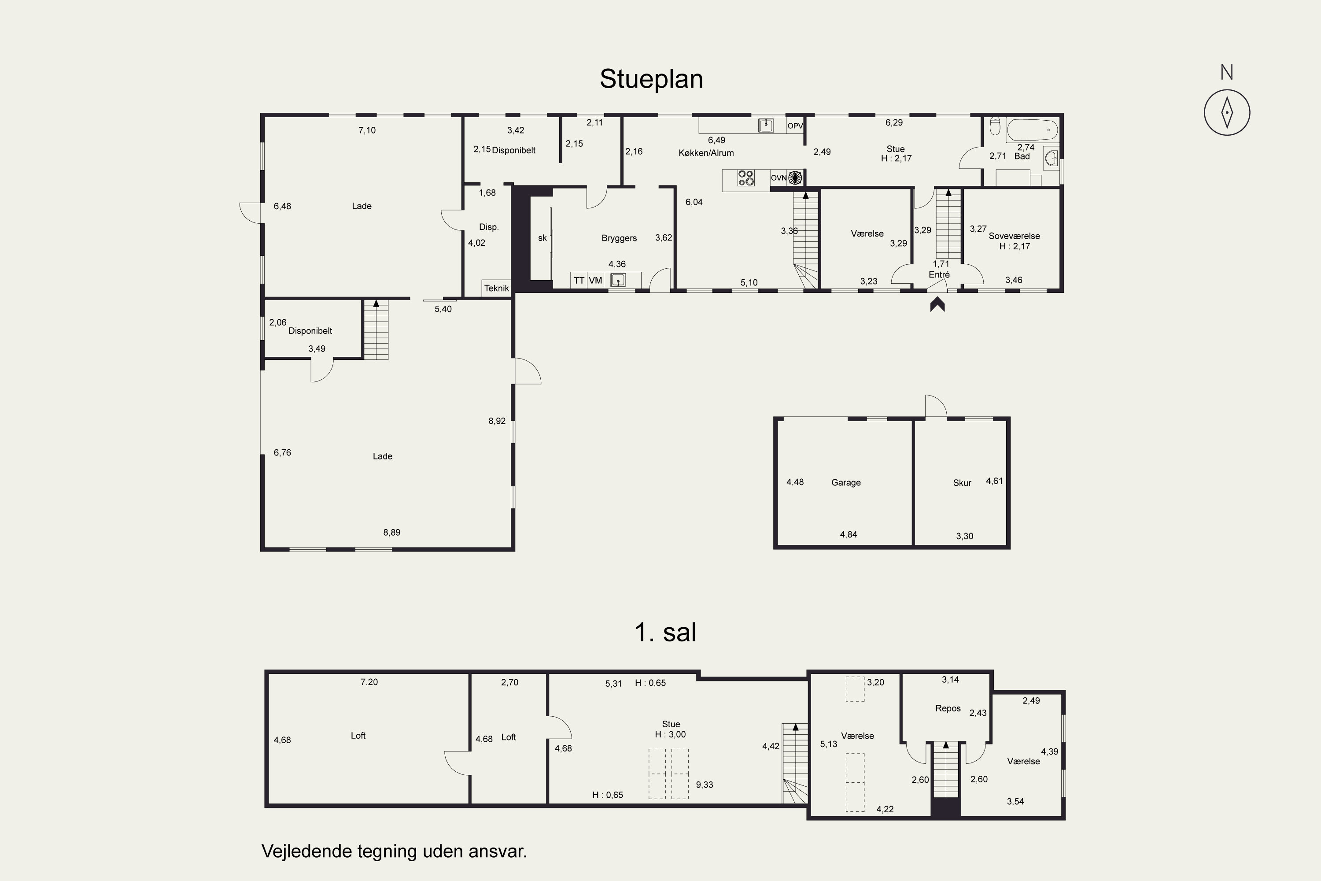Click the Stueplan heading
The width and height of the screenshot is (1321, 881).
(x=651, y=79)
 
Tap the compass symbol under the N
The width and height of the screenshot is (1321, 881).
(x=1227, y=112)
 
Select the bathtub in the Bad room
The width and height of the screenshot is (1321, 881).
(x=1032, y=130)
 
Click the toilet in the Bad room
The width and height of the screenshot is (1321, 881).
(x=995, y=126)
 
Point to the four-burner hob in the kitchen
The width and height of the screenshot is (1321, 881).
(x=746, y=178)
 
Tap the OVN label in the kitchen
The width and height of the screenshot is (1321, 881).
(x=779, y=178)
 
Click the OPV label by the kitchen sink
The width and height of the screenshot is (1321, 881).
(x=795, y=126)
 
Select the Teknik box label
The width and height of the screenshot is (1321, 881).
(x=497, y=288)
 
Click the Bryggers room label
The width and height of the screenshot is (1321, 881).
(x=619, y=238)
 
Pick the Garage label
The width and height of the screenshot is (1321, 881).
(x=846, y=483)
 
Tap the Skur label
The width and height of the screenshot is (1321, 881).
(x=962, y=483)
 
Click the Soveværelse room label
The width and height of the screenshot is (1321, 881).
(x=1015, y=236)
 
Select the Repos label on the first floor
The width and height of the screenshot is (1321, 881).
(x=948, y=708)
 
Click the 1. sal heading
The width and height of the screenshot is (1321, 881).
(x=665, y=632)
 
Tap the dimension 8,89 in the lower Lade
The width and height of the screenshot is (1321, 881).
(x=392, y=533)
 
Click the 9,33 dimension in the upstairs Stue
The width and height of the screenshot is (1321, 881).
(x=704, y=785)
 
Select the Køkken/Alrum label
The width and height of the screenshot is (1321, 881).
(x=706, y=153)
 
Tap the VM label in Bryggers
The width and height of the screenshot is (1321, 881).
(x=595, y=280)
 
